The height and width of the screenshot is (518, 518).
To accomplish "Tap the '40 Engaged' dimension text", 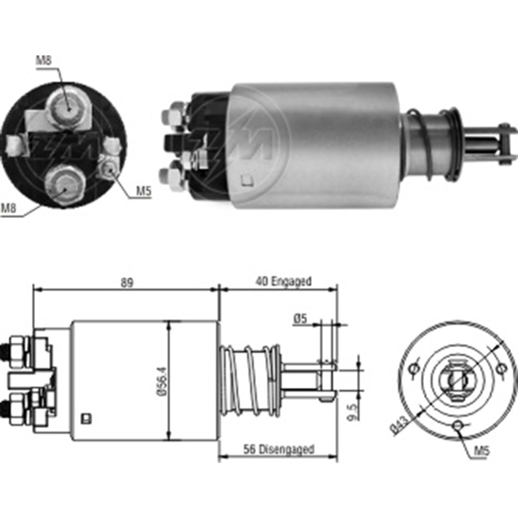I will tap(283, 281).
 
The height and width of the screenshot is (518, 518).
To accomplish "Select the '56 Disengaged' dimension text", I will tap(279, 449).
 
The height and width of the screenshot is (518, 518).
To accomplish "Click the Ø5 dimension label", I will tap(299, 320).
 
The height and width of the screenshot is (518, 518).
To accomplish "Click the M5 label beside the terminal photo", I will tap(143, 192).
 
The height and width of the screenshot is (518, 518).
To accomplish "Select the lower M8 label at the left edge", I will tap(9, 208).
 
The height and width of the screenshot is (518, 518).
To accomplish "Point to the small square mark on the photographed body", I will tap(247, 181).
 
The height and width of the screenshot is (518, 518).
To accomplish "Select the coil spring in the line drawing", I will tap(250, 381).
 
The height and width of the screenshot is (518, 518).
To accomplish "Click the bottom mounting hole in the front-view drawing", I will tap(457, 425).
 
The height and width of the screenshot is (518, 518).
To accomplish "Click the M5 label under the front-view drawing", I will tap(482, 451).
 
